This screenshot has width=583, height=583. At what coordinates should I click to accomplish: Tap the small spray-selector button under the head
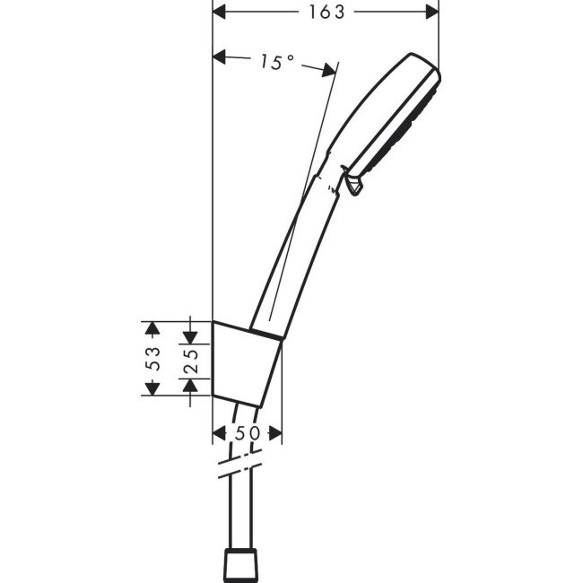(x=354, y=185)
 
